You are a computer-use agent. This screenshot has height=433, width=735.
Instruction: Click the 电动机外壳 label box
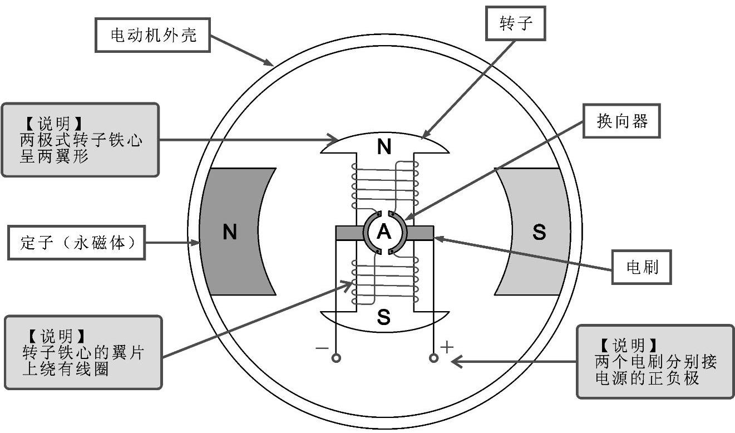pos(154,36)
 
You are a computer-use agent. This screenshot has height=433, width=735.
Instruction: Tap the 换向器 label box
pos(621,121)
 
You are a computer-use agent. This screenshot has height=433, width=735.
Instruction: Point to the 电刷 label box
pos(642,268)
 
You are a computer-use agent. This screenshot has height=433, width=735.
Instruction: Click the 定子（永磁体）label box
pos(76,242)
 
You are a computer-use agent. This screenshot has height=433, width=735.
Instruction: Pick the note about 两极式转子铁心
pos(80,139)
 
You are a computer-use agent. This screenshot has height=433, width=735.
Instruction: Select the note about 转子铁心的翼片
pos(83,352)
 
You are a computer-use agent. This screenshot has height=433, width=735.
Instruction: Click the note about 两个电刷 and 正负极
pos(655,361)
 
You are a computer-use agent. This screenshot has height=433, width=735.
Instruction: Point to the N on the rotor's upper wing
pos(384,147)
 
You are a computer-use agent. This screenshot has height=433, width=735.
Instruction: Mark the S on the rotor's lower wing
pos(384,318)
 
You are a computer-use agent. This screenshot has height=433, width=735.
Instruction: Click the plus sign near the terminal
pos(447,347)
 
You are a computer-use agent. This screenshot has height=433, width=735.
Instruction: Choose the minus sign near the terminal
pos(322,348)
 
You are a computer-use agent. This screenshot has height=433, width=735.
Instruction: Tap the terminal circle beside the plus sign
pos(433,358)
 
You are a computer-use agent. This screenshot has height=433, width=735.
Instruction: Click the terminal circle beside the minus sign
pos(336,358)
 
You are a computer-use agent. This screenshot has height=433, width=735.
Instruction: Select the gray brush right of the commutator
pos(421,233)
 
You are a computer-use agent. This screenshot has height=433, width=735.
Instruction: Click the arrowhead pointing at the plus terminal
pos(455,361)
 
